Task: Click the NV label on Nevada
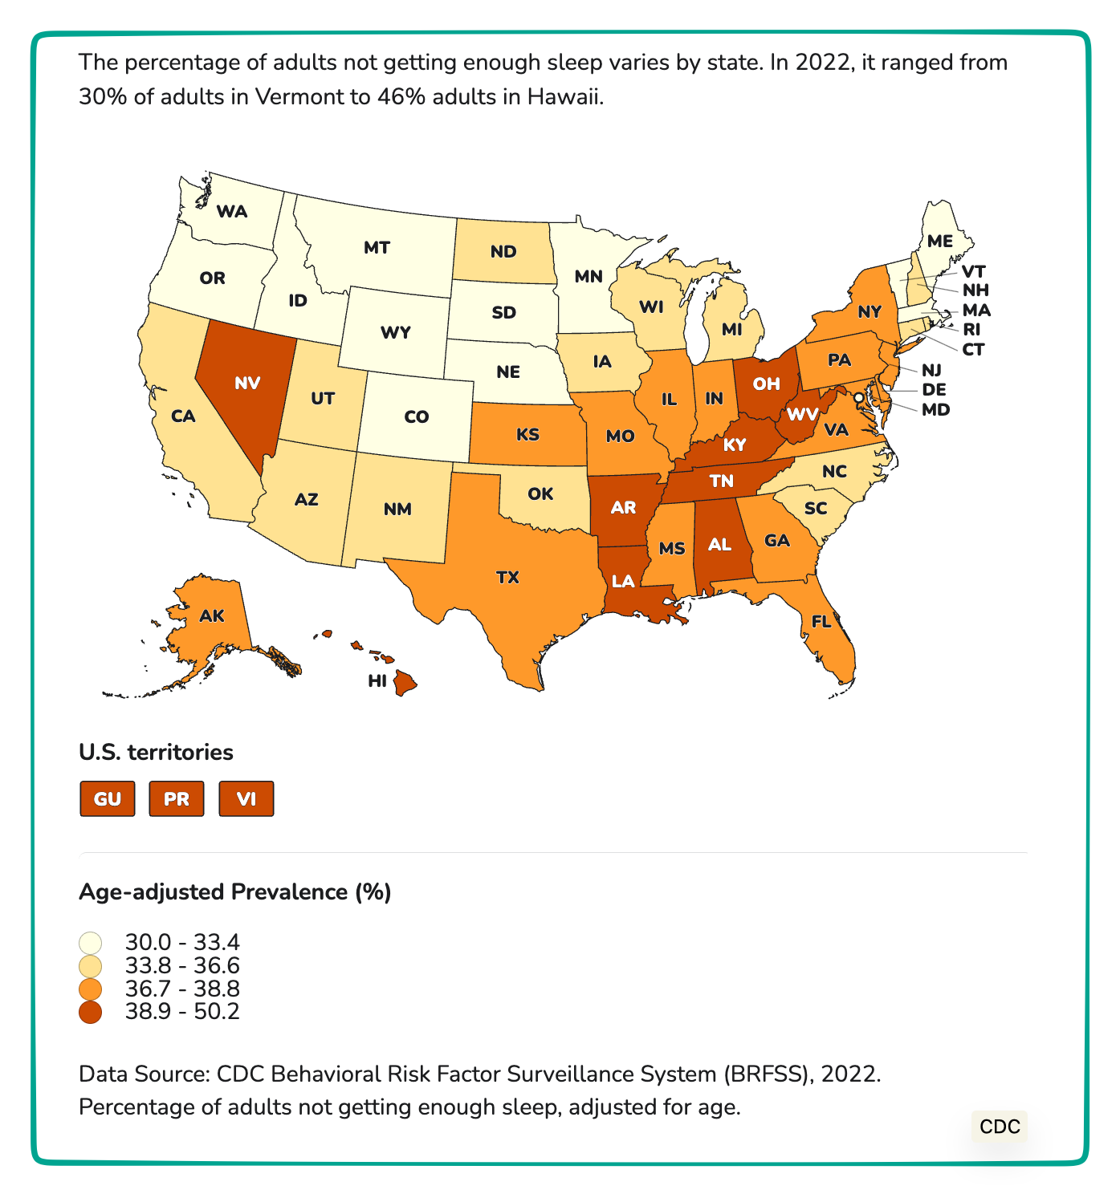247,383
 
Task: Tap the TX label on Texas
507,577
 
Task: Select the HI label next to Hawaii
377,681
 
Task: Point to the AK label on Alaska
212,616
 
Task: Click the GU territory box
108,799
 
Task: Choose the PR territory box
177,799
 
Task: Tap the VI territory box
246,799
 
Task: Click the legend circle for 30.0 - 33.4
91,942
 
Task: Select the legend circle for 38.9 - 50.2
91,1012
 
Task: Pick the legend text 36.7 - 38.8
182,989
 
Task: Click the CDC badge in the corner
1000,1127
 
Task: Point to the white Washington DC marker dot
858,397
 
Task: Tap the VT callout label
973,271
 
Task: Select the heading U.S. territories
156,753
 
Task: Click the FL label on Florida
821,622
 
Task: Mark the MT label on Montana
377,247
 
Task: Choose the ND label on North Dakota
503,252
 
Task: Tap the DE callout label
934,390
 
